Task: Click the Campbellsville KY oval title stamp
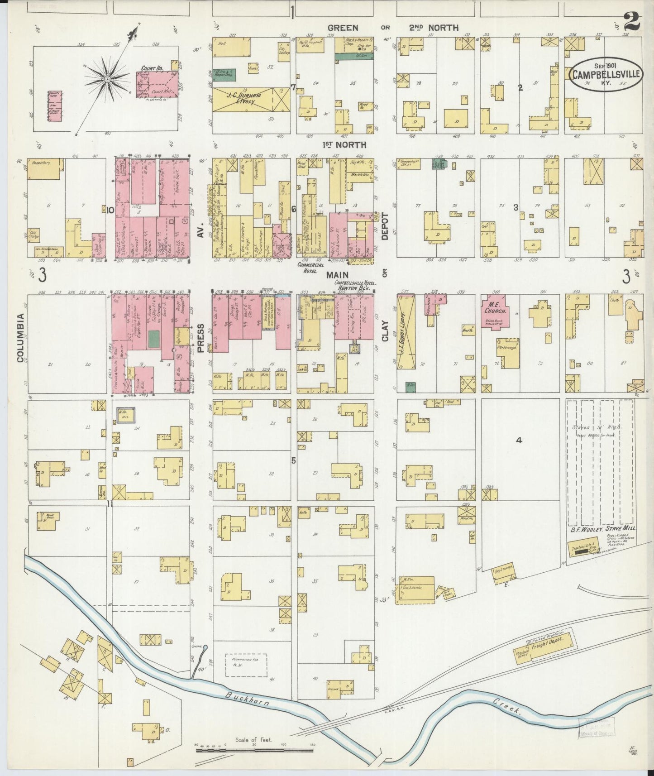click(605, 74)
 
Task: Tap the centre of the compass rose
click(108, 80)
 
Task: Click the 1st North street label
click(338, 144)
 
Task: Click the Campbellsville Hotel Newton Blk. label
click(356, 285)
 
